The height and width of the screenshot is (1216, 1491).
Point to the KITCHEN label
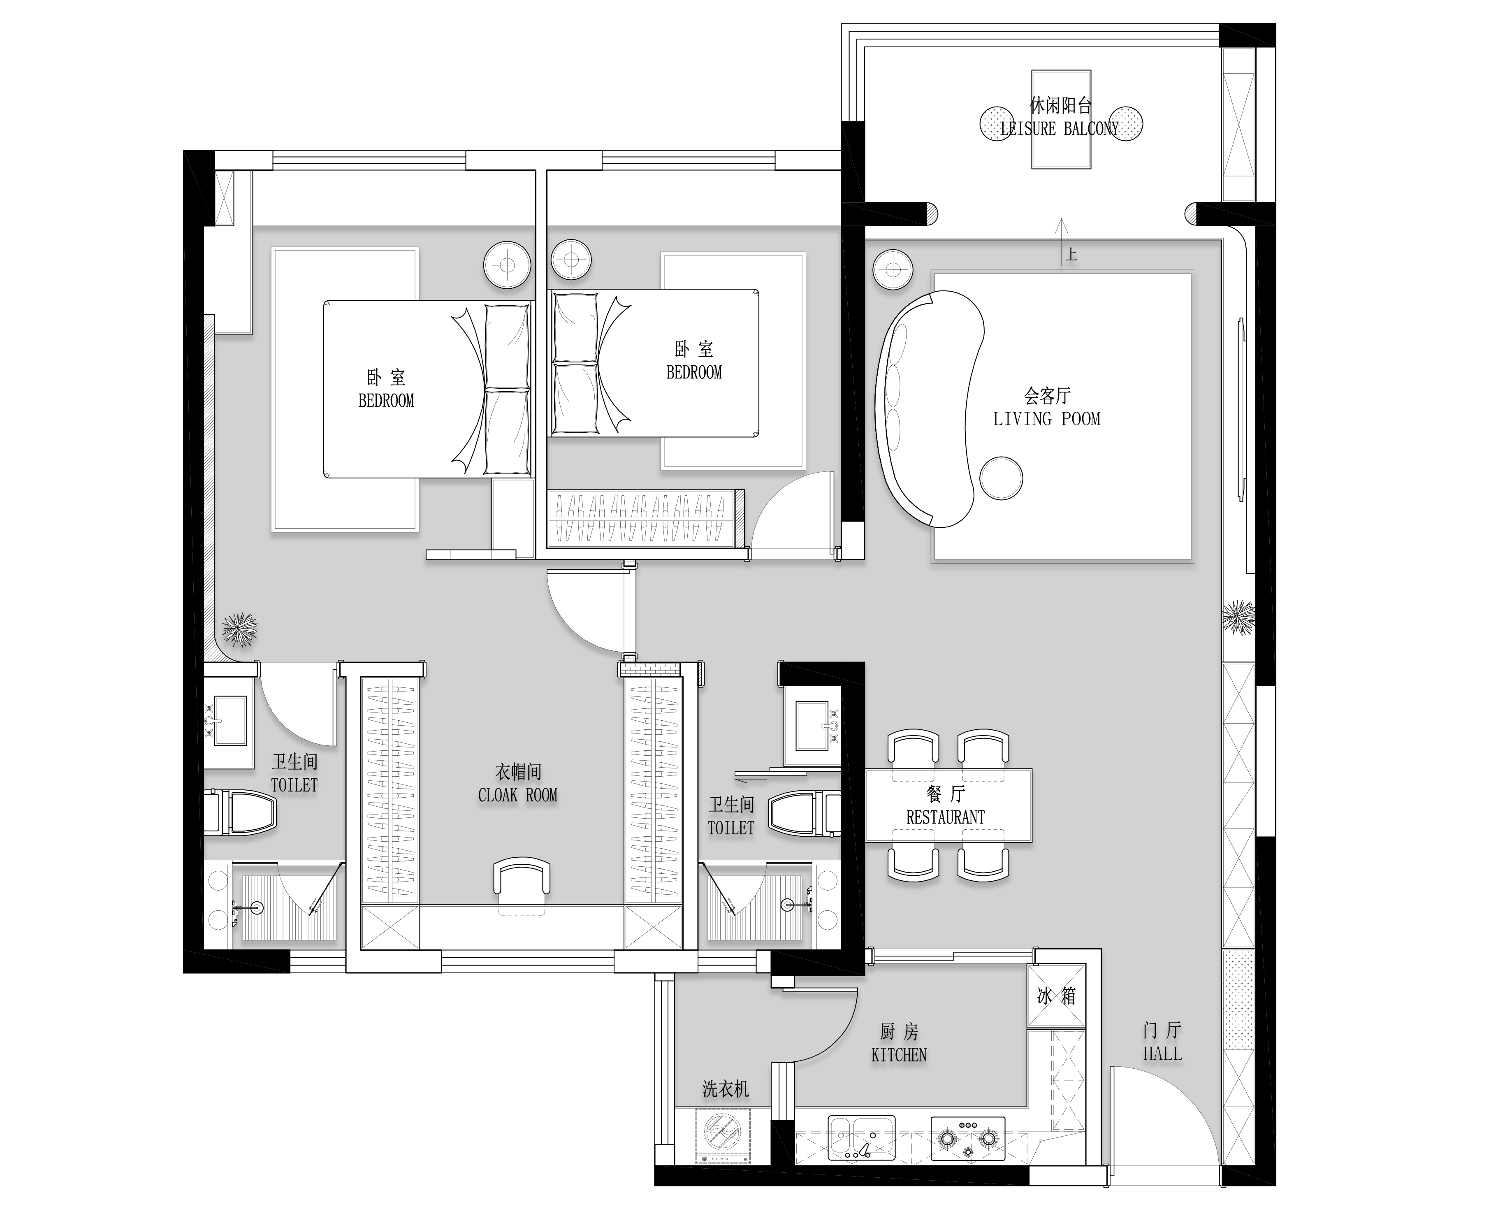[899, 1055]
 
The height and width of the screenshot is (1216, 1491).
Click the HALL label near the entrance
[1162, 1054]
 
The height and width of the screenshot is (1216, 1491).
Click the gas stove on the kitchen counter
[967, 1138]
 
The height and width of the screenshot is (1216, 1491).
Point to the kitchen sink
[861, 1138]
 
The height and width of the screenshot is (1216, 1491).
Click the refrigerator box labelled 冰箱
[1056, 996]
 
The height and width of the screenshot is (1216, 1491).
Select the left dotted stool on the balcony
[997, 123]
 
